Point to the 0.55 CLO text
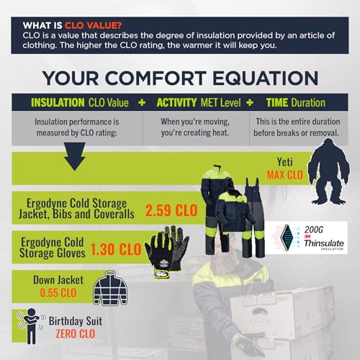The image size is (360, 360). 44,292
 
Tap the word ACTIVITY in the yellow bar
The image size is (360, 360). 177,103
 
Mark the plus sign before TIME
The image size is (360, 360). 244,103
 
